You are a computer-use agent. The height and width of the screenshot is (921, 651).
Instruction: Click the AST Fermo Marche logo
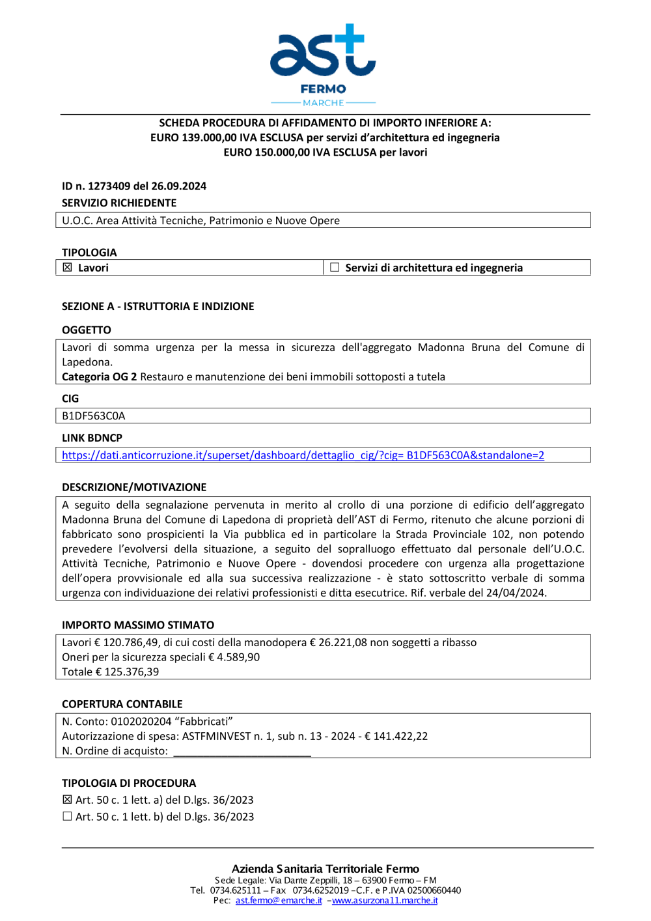pyautogui.click(x=323, y=64)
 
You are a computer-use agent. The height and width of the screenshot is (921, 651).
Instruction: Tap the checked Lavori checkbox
pyautogui.click(x=67, y=268)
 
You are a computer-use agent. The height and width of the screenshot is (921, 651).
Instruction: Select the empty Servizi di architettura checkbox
pyautogui.click(x=335, y=268)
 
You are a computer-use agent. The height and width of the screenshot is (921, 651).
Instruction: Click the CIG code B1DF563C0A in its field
pyautogui.click(x=94, y=416)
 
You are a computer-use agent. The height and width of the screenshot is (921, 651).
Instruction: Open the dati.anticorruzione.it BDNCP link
pyautogui.click(x=303, y=455)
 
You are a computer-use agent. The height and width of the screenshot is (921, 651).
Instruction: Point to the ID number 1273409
pyautogui.click(x=109, y=186)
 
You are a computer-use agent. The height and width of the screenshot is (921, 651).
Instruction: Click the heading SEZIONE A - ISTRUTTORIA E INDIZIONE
pyautogui.click(x=158, y=307)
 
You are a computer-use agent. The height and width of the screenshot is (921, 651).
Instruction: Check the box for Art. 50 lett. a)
pyautogui.click(x=67, y=800)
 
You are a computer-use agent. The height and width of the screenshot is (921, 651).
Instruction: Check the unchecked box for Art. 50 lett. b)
pyautogui.click(x=67, y=817)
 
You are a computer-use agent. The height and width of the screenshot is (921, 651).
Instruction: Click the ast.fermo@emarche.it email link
pyautogui.click(x=279, y=901)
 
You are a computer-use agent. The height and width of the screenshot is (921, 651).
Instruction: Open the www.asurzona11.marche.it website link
pyautogui.click(x=385, y=901)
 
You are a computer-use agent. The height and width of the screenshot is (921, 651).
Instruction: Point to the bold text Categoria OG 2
pyautogui.click(x=99, y=377)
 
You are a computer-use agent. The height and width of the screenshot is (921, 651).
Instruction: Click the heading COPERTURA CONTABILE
pyautogui.click(x=122, y=705)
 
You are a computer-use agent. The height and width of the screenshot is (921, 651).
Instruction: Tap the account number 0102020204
pyautogui.click(x=141, y=722)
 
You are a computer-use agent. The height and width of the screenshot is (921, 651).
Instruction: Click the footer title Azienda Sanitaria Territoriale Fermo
pyautogui.click(x=325, y=869)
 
